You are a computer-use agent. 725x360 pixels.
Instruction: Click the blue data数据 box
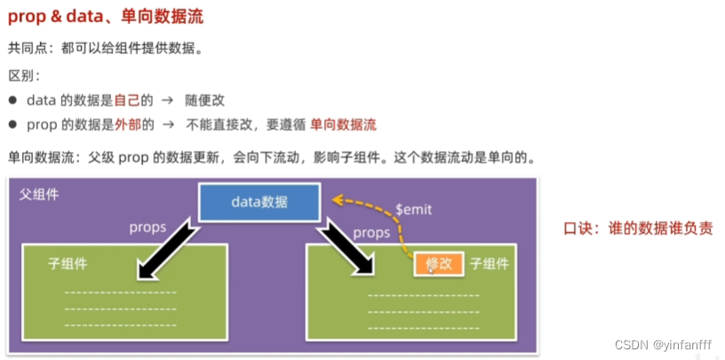259,202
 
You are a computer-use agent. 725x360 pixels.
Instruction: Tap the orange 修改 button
439,264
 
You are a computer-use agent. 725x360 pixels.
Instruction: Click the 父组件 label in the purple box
39,193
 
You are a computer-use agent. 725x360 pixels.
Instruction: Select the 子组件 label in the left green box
68,264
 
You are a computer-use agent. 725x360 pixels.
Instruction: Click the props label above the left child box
147,228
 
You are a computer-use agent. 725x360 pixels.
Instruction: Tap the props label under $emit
371,233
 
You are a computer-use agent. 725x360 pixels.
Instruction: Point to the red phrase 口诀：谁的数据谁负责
638,228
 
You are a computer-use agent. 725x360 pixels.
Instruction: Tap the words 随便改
205,100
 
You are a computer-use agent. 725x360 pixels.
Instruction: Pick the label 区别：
24,76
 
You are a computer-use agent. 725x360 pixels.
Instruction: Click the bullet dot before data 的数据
12,100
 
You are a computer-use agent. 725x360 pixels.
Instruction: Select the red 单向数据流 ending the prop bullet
343,124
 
